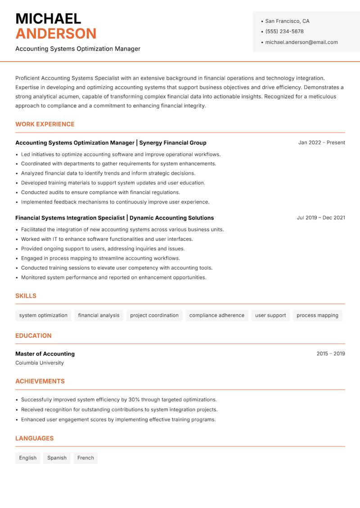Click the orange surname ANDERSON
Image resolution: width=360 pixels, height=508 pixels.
pyautogui.click(x=56, y=34)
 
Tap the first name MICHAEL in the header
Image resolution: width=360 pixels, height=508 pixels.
pyautogui.click(x=48, y=19)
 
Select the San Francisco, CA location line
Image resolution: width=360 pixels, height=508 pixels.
pyautogui.click(x=287, y=21)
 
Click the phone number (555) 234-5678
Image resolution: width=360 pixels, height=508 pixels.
pyautogui.click(x=284, y=31)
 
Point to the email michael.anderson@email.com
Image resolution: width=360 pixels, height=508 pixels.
pyautogui.click(x=301, y=42)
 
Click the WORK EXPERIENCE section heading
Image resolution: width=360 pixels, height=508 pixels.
pyautogui.click(x=45, y=124)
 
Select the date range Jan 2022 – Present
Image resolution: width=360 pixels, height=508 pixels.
pyautogui.click(x=321, y=143)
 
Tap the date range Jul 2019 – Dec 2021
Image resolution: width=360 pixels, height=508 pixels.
pyautogui.click(x=321, y=218)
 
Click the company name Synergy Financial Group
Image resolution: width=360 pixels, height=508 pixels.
pyautogui.click(x=173, y=143)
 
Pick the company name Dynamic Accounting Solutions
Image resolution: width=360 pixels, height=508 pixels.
pyautogui.click(x=171, y=218)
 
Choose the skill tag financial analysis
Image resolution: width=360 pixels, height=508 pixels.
pyautogui.click(x=99, y=315)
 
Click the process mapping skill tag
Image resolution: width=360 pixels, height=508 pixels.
pyautogui.click(x=317, y=315)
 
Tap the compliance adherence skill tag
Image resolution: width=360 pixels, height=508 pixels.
pyautogui.click(x=216, y=315)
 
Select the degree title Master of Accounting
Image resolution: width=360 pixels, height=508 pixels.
pyautogui.click(x=45, y=354)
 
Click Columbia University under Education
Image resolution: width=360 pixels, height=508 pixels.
pyautogui.click(x=40, y=363)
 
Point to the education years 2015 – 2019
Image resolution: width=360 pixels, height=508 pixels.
pyautogui.click(x=330, y=354)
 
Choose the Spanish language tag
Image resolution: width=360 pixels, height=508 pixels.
pyautogui.click(x=57, y=458)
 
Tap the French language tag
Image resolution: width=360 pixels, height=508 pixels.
pyautogui.click(x=85, y=458)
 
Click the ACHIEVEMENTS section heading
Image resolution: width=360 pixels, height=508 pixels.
pyautogui.click(x=40, y=381)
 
